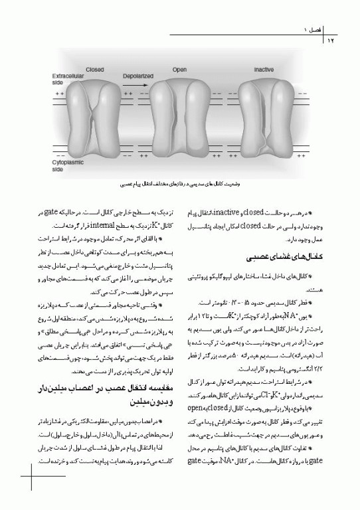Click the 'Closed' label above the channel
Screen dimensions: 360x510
pyautogui.click(x=94, y=69)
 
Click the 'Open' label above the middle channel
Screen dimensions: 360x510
pyautogui.click(x=179, y=69)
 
